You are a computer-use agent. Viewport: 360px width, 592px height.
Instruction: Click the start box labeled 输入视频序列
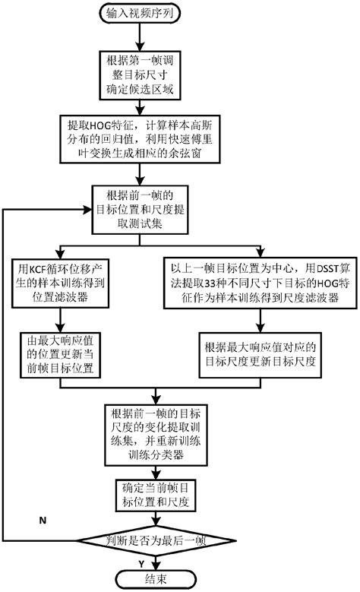point(156,13)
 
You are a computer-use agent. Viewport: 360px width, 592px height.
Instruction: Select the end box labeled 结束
point(156,580)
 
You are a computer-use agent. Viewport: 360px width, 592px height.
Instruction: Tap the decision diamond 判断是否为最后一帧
point(156,541)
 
